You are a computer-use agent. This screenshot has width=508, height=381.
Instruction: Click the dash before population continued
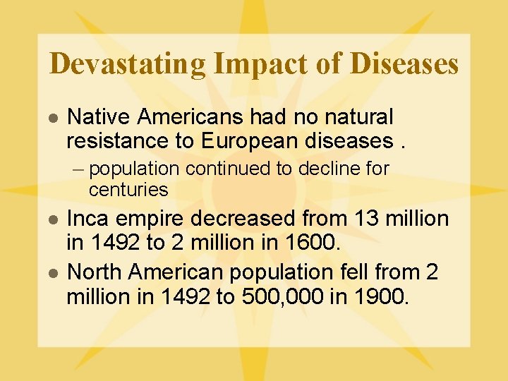[x=81, y=169]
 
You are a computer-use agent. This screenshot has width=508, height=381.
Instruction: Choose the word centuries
[x=128, y=190]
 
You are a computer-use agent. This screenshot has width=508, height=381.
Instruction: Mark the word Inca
[x=88, y=219]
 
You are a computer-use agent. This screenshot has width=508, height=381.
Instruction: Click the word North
[x=92, y=272]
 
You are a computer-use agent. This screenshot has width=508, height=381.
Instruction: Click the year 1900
[x=381, y=296]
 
